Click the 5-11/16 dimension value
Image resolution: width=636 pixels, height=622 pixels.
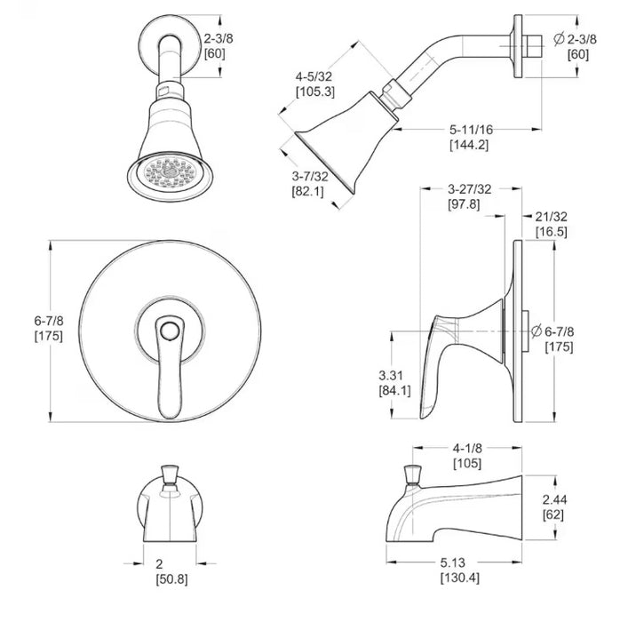(x=471, y=130)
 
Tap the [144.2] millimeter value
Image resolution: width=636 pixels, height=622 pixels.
(x=469, y=145)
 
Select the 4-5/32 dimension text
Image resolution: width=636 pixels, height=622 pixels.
(x=314, y=76)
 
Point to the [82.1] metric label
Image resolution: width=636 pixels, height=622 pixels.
(x=308, y=191)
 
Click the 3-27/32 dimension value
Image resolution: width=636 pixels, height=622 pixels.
(x=469, y=189)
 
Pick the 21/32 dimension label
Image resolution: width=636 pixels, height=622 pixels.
(x=552, y=217)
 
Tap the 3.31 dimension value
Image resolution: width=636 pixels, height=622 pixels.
(x=392, y=375)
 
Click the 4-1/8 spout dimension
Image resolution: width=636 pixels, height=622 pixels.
(x=467, y=448)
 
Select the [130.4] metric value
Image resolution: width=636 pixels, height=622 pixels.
(x=460, y=578)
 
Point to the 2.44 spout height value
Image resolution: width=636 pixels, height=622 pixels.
(x=555, y=499)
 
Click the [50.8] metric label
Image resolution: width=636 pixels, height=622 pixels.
(x=172, y=579)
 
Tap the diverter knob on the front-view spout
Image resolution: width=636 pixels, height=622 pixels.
(x=170, y=475)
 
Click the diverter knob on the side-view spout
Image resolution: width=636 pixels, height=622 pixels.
(x=413, y=475)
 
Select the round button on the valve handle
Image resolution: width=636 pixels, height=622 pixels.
(x=169, y=330)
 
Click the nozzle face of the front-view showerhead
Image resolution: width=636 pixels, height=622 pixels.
(x=170, y=172)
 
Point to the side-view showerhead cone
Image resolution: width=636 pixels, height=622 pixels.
(x=346, y=138)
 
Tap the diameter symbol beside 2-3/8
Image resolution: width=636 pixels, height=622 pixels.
(x=560, y=39)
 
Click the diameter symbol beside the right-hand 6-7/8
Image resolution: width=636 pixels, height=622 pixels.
(x=537, y=331)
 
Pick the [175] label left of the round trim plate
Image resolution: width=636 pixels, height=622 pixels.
(x=49, y=336)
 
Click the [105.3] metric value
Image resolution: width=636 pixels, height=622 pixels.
(x=315, y=92)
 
